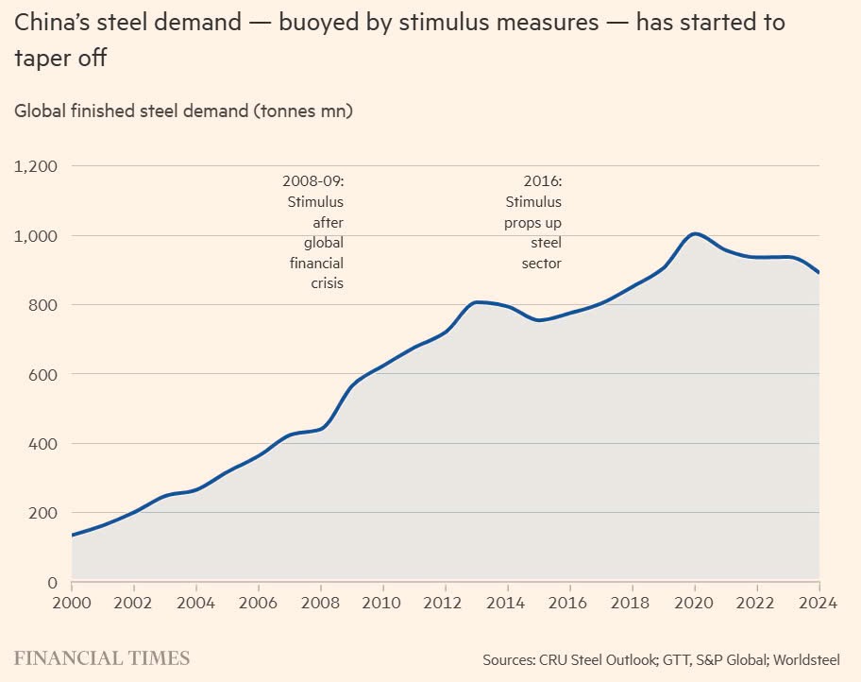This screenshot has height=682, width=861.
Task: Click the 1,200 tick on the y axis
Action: click(x=36, y=166)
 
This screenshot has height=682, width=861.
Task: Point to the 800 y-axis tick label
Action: click(x=43, y=305)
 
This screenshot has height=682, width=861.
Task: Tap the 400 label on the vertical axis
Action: click(x=43, y=444)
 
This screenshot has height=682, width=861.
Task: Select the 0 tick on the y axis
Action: click(x=53, y=583)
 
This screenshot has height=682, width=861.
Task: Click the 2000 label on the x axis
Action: click(x=72, y=603)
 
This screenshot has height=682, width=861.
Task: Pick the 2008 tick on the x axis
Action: click(x=321, y=603)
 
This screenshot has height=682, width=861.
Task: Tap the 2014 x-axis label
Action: click(x=508, y=603)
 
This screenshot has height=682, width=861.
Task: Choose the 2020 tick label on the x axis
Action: click(x=695, y=603)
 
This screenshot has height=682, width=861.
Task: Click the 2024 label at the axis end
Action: click(x=818, y=603)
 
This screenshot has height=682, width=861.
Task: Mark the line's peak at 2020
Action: click(x=695, y=233)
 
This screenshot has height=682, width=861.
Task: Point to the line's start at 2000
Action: click(x=73, y=535)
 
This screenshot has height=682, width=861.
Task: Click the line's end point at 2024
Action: click(x=819, y=273)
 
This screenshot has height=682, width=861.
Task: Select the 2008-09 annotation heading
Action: click(x=312, y=180)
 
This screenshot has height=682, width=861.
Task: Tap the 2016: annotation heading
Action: click(x=542, y=180)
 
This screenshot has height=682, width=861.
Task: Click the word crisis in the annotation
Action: click(x=327, y=283)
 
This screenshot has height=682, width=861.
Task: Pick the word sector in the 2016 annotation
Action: click(x=541, y=263)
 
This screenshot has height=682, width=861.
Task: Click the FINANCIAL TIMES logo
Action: click(x=102, y=658)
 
